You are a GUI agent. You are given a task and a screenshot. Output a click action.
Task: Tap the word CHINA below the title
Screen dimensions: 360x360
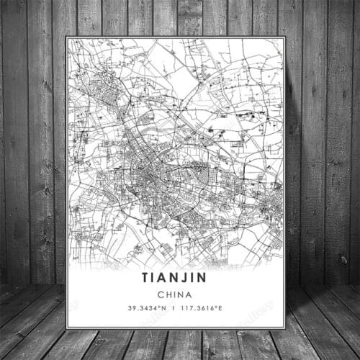tap(175, 294)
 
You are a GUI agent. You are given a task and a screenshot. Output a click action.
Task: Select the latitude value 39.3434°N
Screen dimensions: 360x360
tap(147, 310)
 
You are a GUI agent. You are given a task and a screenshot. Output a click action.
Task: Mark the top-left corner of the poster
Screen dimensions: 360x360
tap(66, 37)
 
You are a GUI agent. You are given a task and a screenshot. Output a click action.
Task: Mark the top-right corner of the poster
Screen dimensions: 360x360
tap(284, 37)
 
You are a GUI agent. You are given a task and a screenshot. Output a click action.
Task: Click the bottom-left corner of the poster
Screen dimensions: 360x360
tap(66, 329)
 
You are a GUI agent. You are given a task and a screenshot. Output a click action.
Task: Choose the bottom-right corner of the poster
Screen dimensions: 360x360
tap(285, 329)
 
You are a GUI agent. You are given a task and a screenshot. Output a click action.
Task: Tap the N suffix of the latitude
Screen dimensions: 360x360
tap(163, 310)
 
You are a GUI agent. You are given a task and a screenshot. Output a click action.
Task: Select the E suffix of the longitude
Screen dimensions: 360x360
tap(221, 310)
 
